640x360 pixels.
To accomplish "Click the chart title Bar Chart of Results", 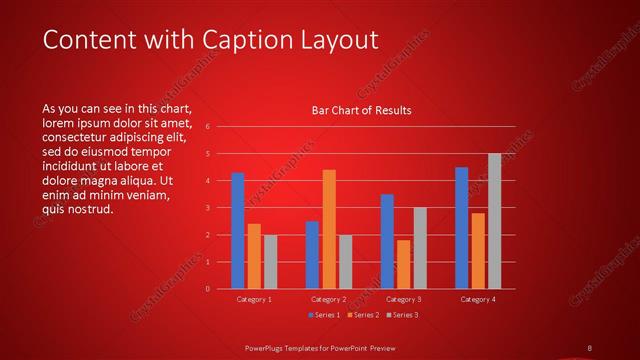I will coord(361,110).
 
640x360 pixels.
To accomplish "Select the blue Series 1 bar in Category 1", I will coord(237,230).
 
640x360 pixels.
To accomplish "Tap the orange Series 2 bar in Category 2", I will coord(329,229).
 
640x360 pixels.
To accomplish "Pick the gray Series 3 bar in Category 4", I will coord(494,221).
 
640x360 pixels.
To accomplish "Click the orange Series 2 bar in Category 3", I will coord(403,264).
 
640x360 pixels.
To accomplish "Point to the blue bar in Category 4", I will coord(461,228).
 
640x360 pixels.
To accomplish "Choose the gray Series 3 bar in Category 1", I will coord(270,262).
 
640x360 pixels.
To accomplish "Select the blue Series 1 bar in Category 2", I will coord(312,255).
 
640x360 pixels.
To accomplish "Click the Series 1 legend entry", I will coord(323,315).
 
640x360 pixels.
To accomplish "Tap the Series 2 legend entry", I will coord(363,315).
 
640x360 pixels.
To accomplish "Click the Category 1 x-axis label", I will coord(254,299).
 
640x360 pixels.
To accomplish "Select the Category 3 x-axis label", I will coord(403,299).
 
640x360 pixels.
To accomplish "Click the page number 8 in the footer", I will coord(589,347).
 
